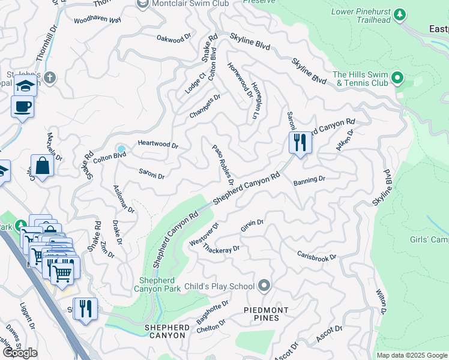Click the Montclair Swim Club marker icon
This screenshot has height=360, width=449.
pos(142,4)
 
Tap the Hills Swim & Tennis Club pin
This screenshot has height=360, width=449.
pos(397,78)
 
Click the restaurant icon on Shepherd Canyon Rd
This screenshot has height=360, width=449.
pos(300,143)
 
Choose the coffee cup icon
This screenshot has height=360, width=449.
pos(23,107)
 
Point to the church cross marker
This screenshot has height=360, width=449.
pos(50,77)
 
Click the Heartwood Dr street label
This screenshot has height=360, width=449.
pos(158,145)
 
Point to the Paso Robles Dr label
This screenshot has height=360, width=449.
pos(222,165)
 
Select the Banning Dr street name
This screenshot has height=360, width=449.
pos(309,179)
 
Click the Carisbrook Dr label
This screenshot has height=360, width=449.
pos(316,255)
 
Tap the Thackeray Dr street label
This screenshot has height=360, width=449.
pos(221,248)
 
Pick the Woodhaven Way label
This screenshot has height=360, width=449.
pos(97,20)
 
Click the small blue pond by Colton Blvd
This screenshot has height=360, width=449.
pos(121,148)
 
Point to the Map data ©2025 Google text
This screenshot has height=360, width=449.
pos(412,355)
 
